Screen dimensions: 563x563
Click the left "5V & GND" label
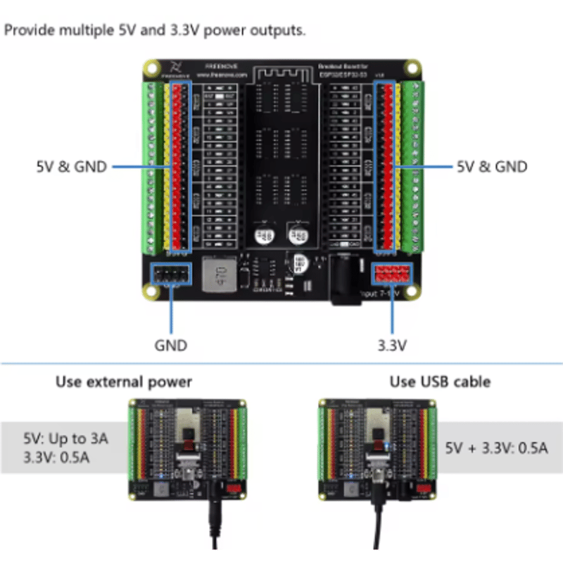pyautogui.click(x=71, y=167)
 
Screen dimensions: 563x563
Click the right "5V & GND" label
pyautogui.click(x=492, y=167)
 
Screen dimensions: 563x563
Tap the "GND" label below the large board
pyautogui.click(x=171, y=346)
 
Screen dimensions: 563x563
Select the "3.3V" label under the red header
pyautogui.click(x=393, y=346)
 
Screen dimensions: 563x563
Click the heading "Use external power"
pyautogui.click(x=124, y=382)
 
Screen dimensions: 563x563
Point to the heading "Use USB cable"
pyautogui.click(x=440, y=382)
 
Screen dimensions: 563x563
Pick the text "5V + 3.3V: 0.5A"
pyautogui.click(x=496, y=448)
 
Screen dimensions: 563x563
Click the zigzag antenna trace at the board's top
pyautogui.click(x=281, y=72)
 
